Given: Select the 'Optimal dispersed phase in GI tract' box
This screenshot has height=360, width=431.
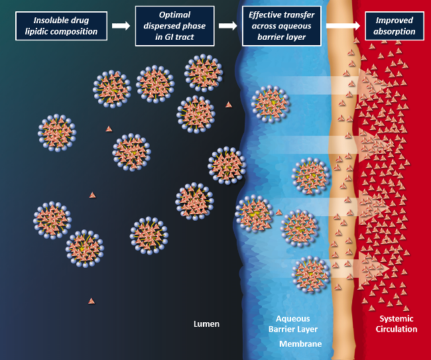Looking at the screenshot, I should point(174,26).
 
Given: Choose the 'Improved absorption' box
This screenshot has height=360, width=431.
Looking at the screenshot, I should point(395,27).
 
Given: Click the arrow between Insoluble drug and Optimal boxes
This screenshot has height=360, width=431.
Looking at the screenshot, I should point(121,26).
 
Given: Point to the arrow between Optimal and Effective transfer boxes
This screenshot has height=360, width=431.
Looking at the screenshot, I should point(227,26).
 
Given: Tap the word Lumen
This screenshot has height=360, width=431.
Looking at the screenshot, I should point(206,324).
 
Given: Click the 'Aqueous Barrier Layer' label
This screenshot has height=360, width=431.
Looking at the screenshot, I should point(292,324).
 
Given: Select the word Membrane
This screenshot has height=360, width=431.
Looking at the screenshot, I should point(300,344).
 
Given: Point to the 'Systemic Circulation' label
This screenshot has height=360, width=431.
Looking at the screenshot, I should point(397,324).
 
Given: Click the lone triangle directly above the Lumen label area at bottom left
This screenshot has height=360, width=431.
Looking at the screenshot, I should point(91,301).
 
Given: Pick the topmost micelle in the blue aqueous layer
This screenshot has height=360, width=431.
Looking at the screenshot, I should point(271,103).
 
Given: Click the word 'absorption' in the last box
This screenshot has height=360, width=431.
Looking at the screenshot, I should point(395,31).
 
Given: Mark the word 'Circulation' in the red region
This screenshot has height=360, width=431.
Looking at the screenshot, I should point(397,329).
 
